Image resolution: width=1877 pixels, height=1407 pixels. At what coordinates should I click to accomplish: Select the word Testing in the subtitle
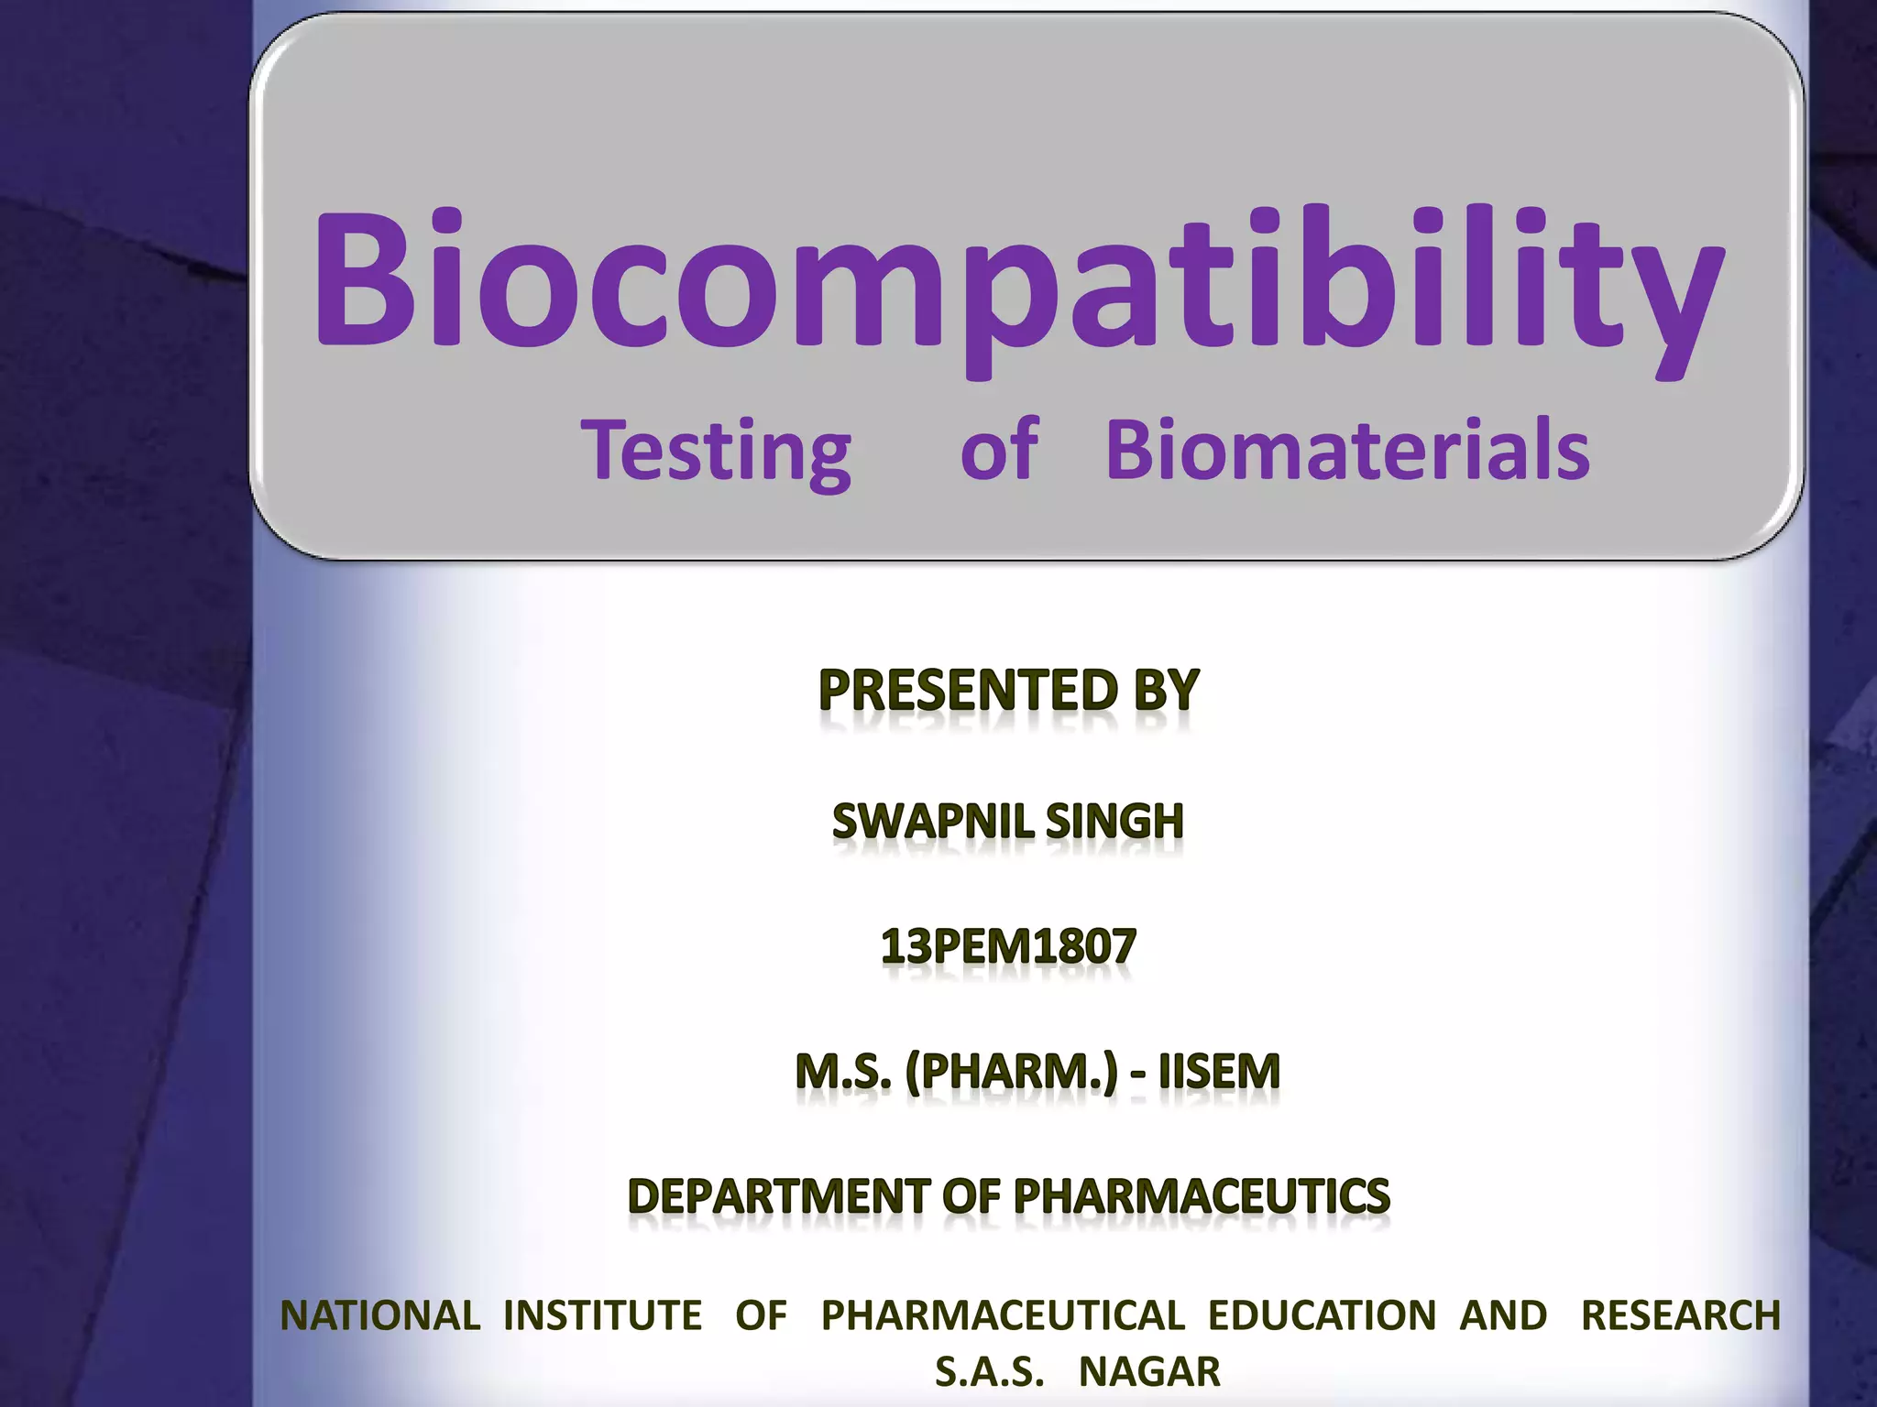(x=717, y=451)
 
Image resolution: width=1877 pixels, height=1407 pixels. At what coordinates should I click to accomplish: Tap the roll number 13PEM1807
(x=1008, y=946)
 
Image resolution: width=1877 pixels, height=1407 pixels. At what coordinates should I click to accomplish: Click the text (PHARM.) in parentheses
(x=1012, y=1072)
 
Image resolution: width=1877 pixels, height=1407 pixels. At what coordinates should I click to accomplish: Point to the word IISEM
(x=1219, y=1072)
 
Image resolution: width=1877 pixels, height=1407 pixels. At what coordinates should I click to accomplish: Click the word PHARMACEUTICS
(x=1202, y=1196)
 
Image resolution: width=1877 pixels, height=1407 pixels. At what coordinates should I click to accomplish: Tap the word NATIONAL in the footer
(x=379, y=1315)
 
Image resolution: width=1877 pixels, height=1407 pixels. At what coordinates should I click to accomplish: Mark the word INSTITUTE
(x=603, y=1315)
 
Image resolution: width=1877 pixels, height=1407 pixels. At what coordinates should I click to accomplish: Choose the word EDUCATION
(x=1322, y=1315)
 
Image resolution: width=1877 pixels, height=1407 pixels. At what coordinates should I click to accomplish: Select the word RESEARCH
(x=1681, y=1315)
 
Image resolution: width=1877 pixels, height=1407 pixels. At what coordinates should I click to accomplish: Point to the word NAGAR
(x=1149, y=1372)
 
